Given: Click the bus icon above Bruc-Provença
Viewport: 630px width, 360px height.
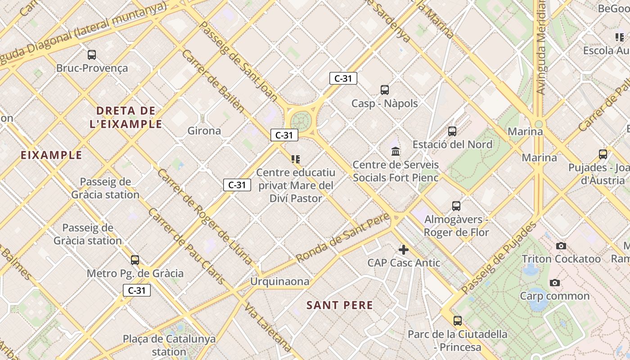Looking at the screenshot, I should pos(92,55).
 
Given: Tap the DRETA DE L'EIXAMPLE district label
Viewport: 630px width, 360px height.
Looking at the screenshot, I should pos(126,117).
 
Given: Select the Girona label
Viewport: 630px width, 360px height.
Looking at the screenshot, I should pos(204,131).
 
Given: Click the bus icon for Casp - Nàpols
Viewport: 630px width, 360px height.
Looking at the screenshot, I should pos(385,90).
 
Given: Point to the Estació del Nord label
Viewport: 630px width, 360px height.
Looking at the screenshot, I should pos(452,144).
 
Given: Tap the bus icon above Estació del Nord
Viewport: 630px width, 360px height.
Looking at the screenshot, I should pos(452,131).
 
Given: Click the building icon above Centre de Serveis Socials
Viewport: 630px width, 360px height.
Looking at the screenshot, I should pos(396,151).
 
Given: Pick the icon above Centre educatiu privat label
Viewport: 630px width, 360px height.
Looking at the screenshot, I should pos(296,159).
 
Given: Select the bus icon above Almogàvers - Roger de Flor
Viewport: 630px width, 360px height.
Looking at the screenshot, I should pos(456,206).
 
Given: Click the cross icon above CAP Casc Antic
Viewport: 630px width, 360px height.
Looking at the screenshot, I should pos(404,249).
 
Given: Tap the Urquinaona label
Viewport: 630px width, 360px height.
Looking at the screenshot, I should pos(280,282).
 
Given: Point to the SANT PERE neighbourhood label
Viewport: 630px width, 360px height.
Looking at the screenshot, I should pos(340,305).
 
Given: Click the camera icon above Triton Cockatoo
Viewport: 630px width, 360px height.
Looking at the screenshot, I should pos(561,246).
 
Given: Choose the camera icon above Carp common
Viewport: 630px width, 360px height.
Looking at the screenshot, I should pos(555,283).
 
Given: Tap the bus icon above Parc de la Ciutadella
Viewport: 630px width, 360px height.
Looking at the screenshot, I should pos(458,321).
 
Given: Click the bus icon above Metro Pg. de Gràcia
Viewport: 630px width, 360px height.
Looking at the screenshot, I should pos(135,260).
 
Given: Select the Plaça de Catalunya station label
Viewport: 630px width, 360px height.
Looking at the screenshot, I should pos(169,345).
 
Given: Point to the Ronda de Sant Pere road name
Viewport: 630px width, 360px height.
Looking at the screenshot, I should pos(342,238).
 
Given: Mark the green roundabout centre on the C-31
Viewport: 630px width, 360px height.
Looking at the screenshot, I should pos(301,121).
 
